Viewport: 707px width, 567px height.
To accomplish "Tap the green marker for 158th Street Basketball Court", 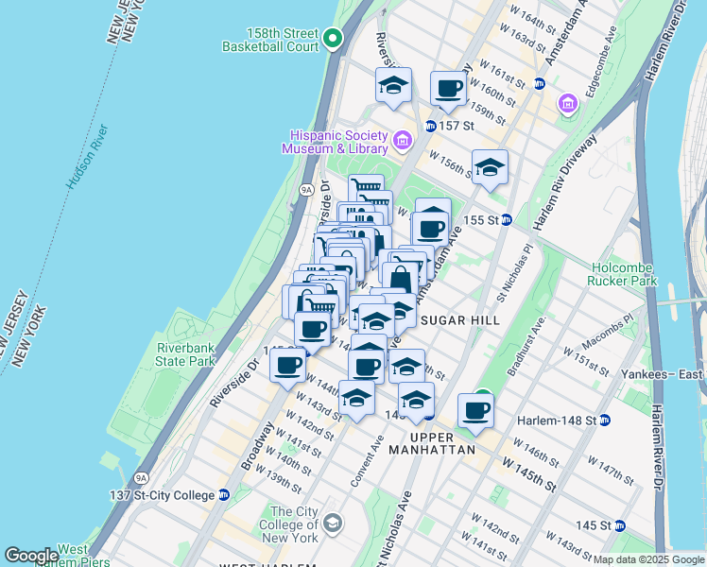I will [x=332, y=39].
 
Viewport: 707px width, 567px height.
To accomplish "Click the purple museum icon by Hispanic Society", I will [x=402, y=142].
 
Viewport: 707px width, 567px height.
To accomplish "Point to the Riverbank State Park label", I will [x=186, y=354].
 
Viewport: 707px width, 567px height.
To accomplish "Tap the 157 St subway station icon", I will [x=430, y=126].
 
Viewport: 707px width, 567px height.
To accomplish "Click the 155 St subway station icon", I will [x=506, y=219].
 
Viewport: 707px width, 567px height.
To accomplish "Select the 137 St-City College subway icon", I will [x=224, y=494].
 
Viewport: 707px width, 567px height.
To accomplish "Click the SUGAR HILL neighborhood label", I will [x=459, y=320].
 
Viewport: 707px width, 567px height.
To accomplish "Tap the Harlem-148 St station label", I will [x=557, y=420].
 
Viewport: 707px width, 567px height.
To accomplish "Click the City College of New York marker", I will [x=333, y=522].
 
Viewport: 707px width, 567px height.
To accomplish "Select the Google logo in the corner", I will [x=31, y=556].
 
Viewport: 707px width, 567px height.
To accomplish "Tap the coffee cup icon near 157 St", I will [x=450, y=89].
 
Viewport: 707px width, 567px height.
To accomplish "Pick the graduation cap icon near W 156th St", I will [x=490, y=167].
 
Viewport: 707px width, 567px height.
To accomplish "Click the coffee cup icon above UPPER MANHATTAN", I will [x=476, y=410].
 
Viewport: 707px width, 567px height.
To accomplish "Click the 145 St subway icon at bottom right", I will [x=619, y=524].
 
